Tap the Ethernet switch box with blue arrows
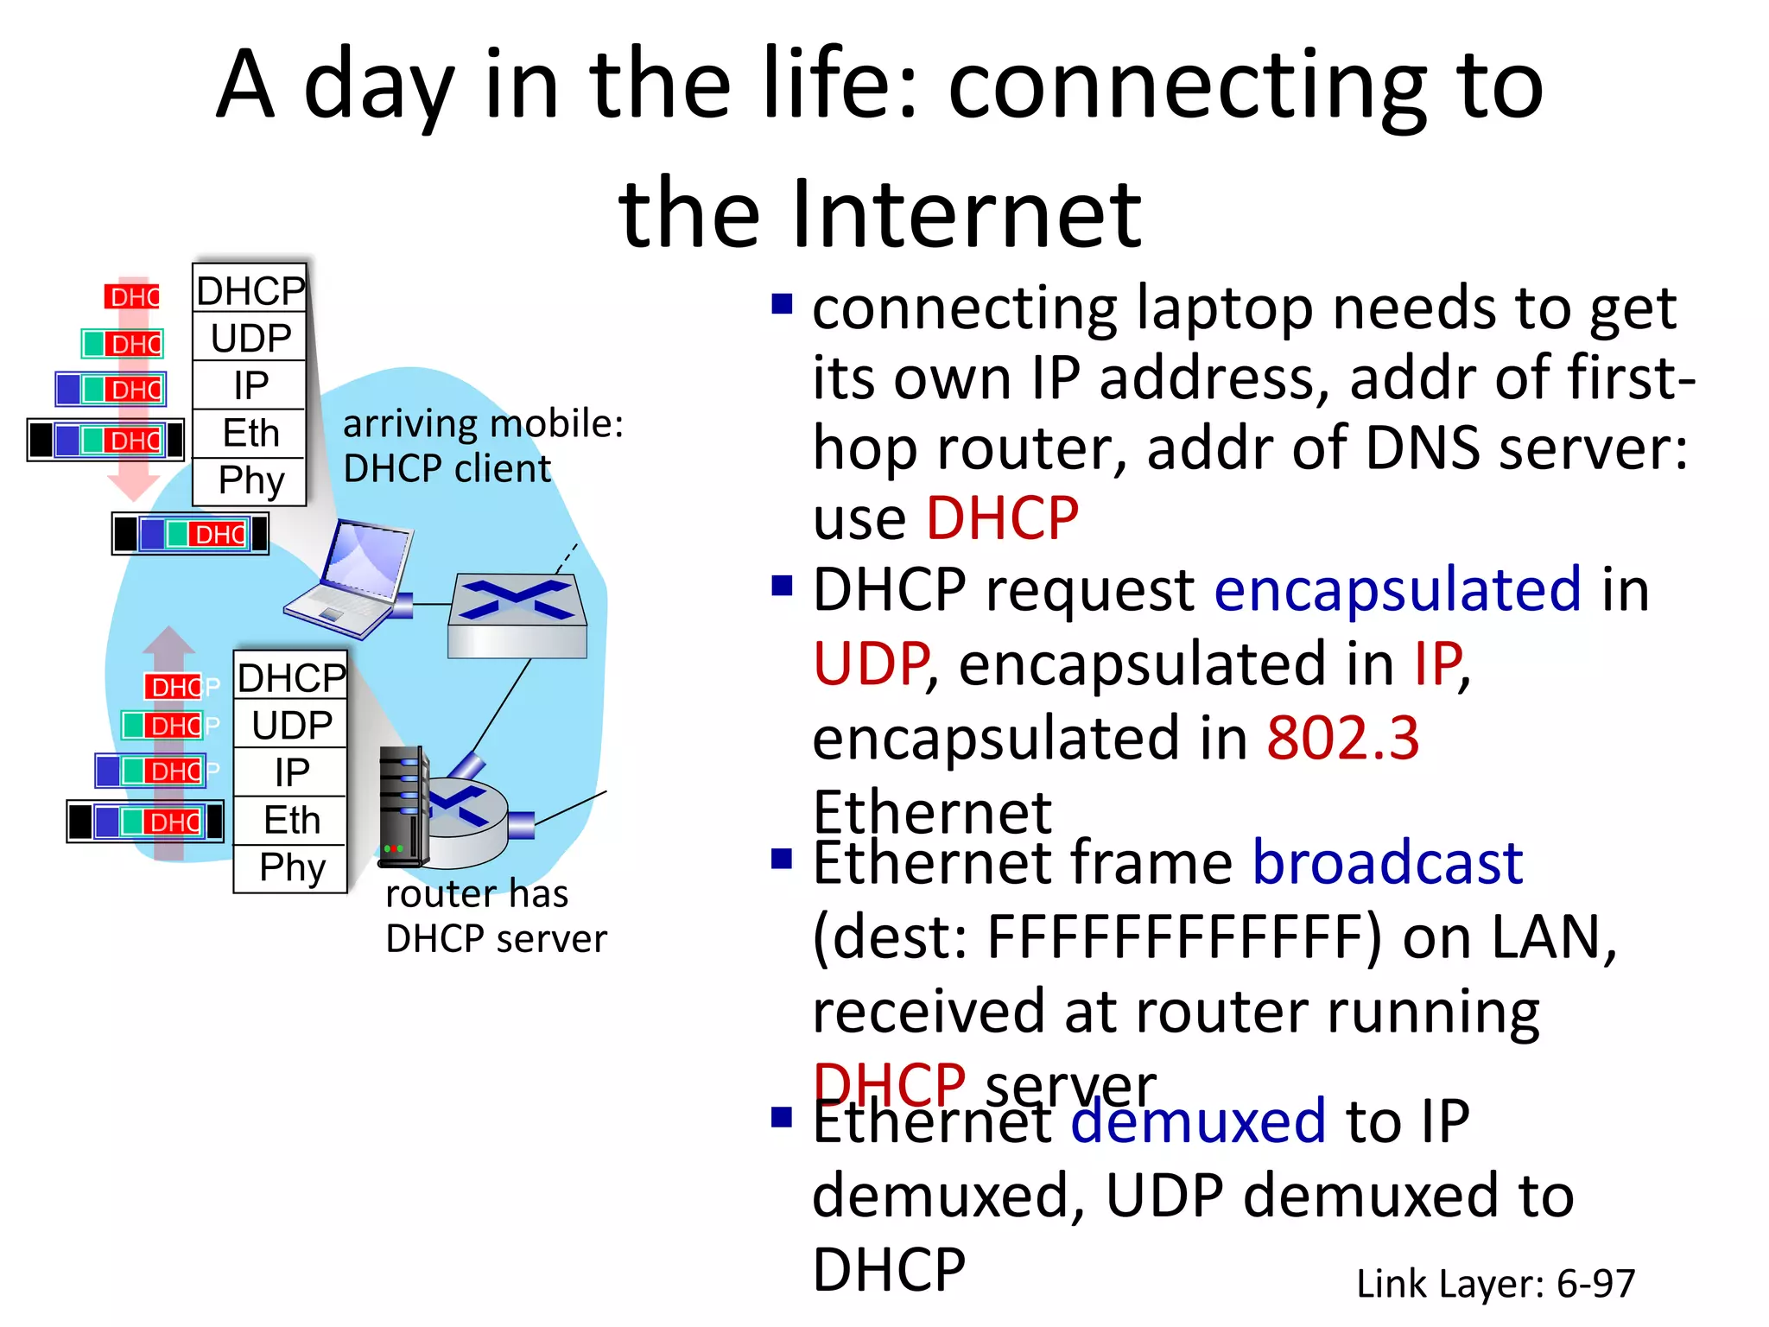pyautogui.click(x=517, y=615)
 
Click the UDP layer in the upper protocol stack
pyautogui.click(x=250, y=338)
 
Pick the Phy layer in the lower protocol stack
pyautogui.click(x=292, y=867)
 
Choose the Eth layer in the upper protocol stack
pyautogui.click(x=250, y=433)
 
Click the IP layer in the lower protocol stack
pyautogui.click(x=292, y=772)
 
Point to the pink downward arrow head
pyautogui.click(x=133, y=487)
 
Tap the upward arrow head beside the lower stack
pyautogui.click(x=168, y=640)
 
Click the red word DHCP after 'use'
pyautogui.click(x=1002, y=519)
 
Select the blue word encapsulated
pyautogui.click(x=1398, y=590)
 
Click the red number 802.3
pyautogui.click(x=1342, y=739)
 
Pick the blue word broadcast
pyautogui.click(x=1387, y=862)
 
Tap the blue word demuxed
pyautogui.click(x=1197, y=1121)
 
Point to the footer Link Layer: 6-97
pyautogui.click(x=1495, y=1284)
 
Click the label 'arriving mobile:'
pyautogui.click(x=482, y=424)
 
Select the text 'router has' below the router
pyautogui.click(x=477, y=894)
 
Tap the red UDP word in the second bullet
pyautogui.click(x=871, y=664)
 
